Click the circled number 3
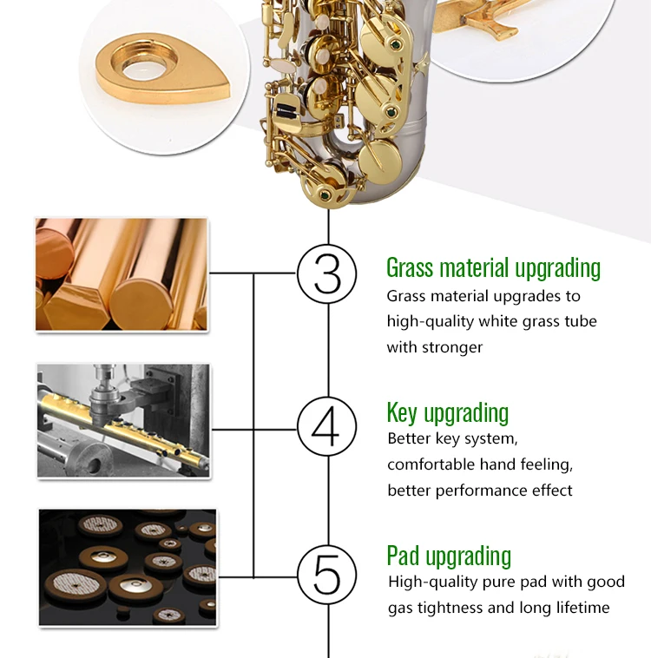327,274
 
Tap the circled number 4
327,426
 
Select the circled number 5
327,575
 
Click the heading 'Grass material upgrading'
493,268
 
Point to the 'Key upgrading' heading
447,413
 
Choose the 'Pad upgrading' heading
449,556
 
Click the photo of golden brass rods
122,274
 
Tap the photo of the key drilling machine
123,420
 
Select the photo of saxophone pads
128,568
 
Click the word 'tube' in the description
581,321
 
